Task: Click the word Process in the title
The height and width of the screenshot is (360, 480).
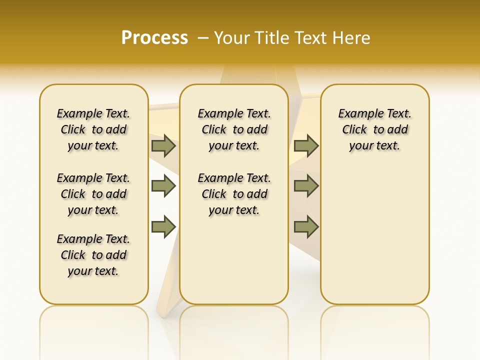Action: [x=154, y=38]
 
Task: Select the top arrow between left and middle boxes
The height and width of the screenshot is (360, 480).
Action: [x=163, y=145]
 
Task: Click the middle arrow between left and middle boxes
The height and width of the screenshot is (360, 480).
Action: [x=163, y=186]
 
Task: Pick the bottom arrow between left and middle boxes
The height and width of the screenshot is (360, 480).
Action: [x=163, y=227]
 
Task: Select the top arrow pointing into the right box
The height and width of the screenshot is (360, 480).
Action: [x=306, y=145]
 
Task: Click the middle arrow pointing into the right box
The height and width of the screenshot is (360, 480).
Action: [x=306, y=186]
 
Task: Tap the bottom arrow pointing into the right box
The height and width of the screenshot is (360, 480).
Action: [x=306, y=227]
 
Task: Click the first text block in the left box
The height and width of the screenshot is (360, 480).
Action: [x=93, y=129]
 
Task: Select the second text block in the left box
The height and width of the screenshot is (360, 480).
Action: [x=93, y=194]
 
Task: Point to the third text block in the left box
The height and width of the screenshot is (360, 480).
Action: [x=93, y=255]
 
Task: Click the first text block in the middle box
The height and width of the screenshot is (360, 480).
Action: [x=234, y=129]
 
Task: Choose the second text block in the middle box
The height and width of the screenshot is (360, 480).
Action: [x=234, y=194]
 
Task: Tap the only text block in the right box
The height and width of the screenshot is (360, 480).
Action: [x=375, y=129]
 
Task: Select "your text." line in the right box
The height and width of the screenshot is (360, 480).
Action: [x=374, y=145]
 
